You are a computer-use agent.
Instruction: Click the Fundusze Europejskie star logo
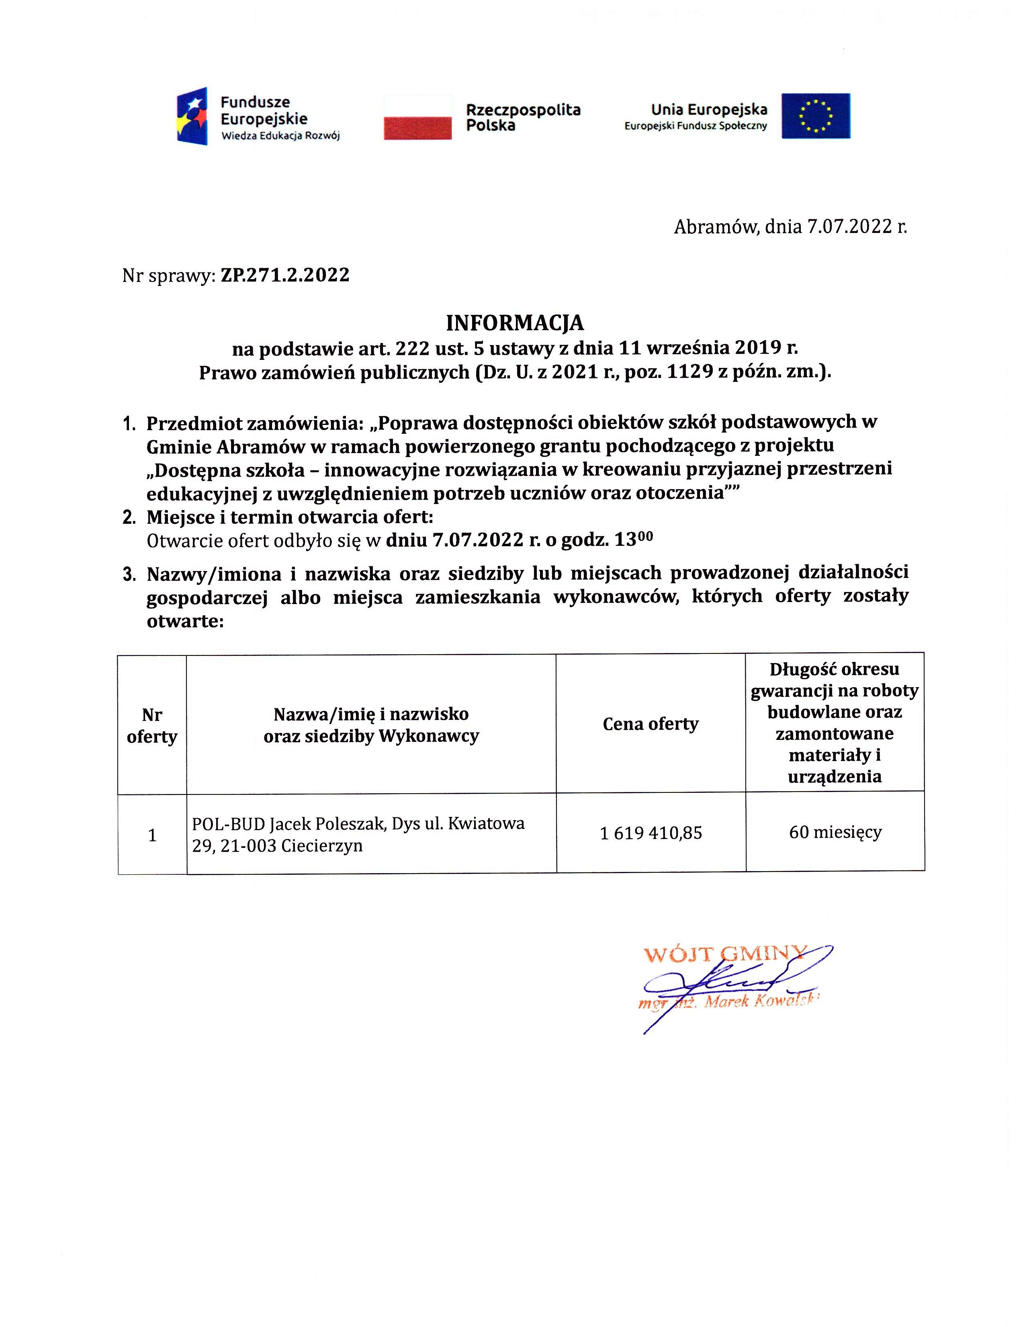192,116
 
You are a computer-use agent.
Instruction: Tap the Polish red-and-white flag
417,117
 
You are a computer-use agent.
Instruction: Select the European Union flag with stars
815,116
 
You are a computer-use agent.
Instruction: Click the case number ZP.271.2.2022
285,275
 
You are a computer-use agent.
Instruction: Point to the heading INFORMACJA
514,323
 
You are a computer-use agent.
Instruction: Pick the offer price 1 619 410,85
651,833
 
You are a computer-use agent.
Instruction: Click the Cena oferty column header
651,724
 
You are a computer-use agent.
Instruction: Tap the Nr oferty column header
152,725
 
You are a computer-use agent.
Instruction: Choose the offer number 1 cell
152,835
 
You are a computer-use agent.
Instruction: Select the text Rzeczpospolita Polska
523,117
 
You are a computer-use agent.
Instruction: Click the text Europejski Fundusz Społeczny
696,127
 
